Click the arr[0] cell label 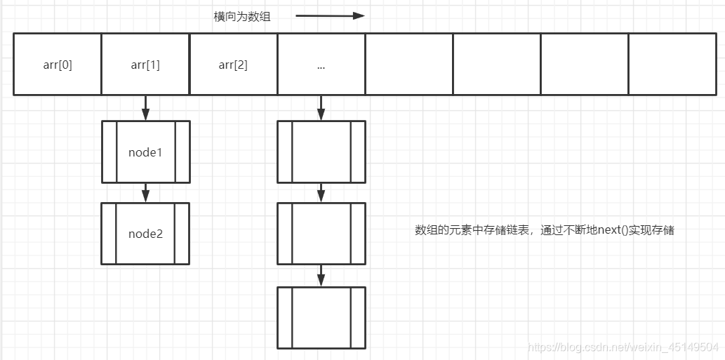(58, 65)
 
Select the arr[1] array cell (145, 65)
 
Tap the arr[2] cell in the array (233, 65)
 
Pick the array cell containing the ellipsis (321, 65)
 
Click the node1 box (145, 152)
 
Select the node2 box (145, 234)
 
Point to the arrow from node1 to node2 (145, 192)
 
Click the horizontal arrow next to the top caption (330, 15)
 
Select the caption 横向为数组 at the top (242, 16)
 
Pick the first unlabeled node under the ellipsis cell (321, 152)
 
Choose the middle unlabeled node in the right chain (321, 234)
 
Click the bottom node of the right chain (321, 317)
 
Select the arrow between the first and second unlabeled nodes (321, 192)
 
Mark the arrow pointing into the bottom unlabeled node (321, 275)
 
